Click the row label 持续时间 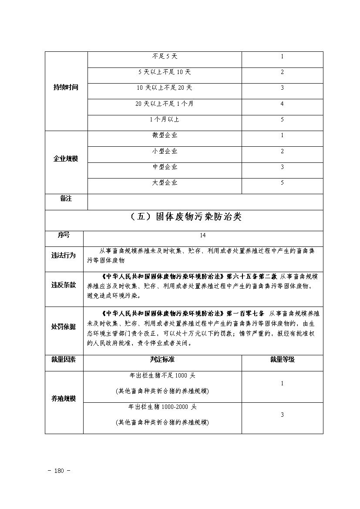[66, 88]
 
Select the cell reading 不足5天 [165, 57]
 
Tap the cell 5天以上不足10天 [165, 72]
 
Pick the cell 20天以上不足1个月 [165, 104]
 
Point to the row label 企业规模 [66, 159]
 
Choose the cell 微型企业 [165, 135]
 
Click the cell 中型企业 [165, 167]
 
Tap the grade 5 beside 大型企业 [282, 183]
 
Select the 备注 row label [66, 199]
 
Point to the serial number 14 [203, 236]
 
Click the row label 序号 [64, 235]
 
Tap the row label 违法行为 [64, 256]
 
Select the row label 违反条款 [64, 285]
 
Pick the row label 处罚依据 [64, 327]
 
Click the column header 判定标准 [162, 360]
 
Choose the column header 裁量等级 [282, 360]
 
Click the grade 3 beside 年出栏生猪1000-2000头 [282, 415]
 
